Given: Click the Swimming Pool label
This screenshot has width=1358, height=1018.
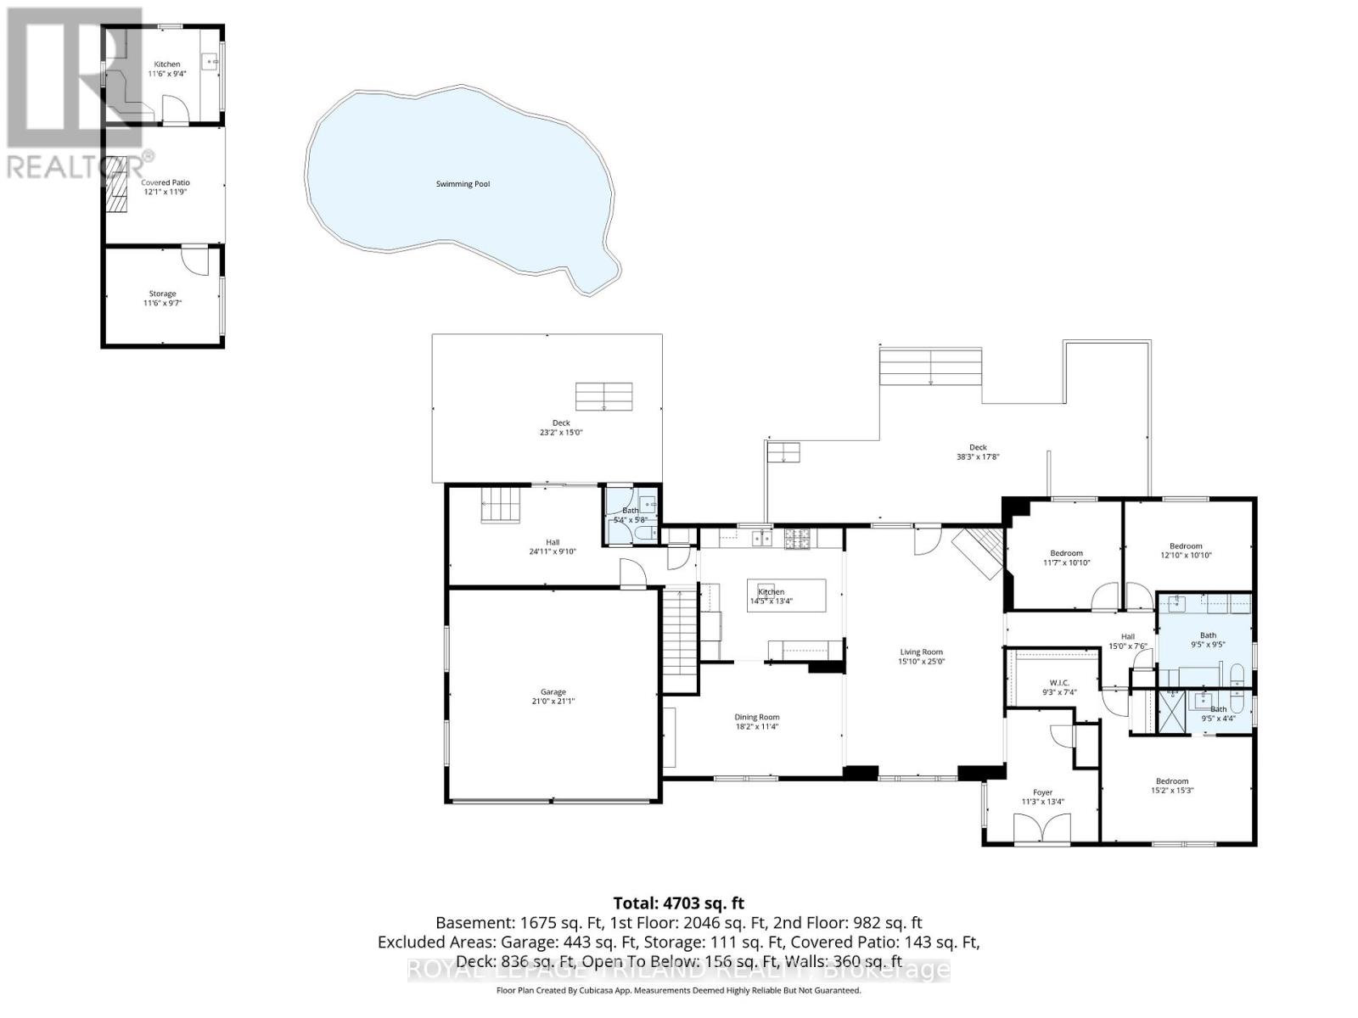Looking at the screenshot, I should click(463, 184).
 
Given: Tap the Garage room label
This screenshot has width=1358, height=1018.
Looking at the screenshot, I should click(553, 692).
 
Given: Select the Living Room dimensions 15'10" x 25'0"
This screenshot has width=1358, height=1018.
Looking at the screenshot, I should click(922, 662).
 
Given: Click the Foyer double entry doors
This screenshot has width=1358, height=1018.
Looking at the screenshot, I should click(1042, 828).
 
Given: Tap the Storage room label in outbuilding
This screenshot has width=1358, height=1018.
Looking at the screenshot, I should click(163, 294).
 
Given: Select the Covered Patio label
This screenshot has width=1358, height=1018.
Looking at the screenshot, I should click(166, 182).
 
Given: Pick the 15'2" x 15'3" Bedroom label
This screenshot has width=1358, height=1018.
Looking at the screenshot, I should click(1172, 781).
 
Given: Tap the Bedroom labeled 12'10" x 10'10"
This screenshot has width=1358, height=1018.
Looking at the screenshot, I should click(1186, 546).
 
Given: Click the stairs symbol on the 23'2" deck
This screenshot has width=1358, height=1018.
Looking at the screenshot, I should click(604, 396).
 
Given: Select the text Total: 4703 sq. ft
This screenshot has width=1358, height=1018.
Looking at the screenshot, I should click(678, 903).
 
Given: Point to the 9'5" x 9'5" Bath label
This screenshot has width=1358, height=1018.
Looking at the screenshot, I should click(1208, 635).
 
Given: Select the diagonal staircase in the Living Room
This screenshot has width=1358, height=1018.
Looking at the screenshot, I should click(978, 551).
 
